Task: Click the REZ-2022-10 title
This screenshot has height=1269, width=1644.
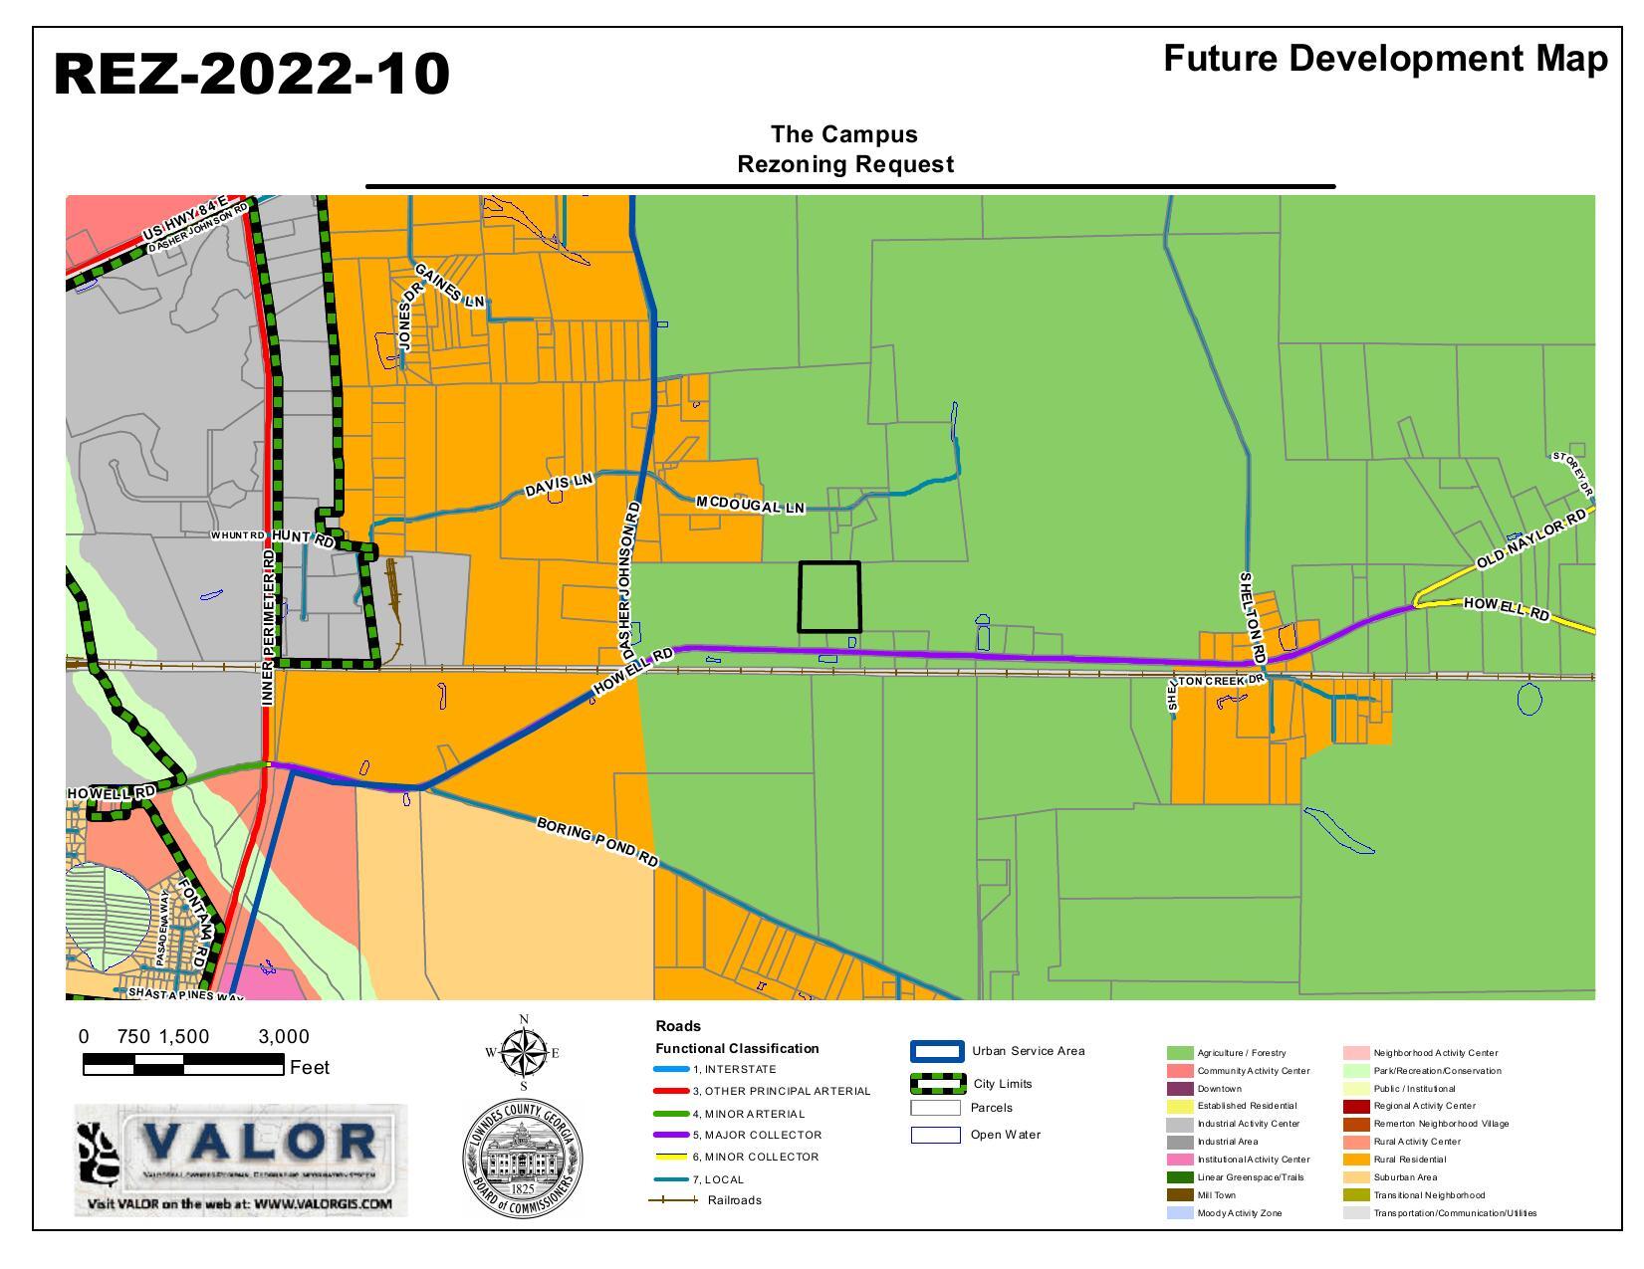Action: click(x=251, y=75)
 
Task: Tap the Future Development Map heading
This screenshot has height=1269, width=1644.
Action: click(x=1384, y=59)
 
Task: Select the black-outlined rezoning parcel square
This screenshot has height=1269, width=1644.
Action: click(x=829, y=596)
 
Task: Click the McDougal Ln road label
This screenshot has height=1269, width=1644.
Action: click(x=750, y=505)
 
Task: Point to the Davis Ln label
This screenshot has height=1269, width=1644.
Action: click(x=559, y=485)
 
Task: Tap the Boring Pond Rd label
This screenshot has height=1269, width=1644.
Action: click(x=597, y=842)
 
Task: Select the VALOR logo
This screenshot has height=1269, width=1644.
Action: click(x=241, y=1160)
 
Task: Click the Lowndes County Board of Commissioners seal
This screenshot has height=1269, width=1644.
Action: click(x=523, y=1159)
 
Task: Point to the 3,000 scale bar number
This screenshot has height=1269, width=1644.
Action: click(x=284, y=1037)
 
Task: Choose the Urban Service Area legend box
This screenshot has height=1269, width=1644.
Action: click(x=937, y=1052)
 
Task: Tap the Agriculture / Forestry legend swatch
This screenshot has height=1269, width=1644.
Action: click(x=1180, y=1053)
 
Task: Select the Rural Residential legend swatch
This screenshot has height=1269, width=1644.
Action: click(x=1356, y=1160)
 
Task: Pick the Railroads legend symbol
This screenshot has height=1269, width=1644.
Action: click(x=673, y=1200)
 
